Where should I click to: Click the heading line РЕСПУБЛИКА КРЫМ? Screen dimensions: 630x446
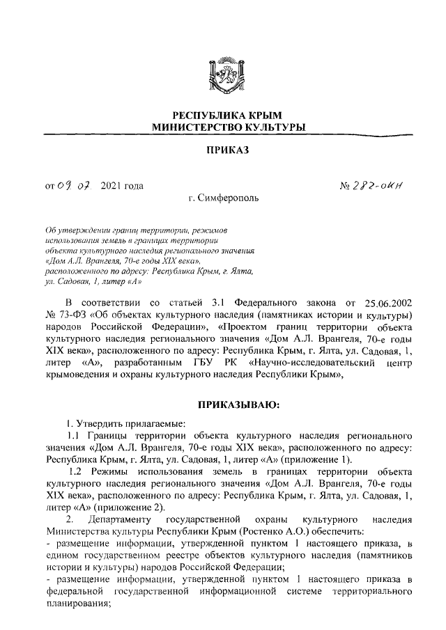pos(224,115)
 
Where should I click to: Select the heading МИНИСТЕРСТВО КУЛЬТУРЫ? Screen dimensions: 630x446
pos(224,127)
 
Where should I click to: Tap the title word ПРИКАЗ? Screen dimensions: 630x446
pos(224,150)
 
